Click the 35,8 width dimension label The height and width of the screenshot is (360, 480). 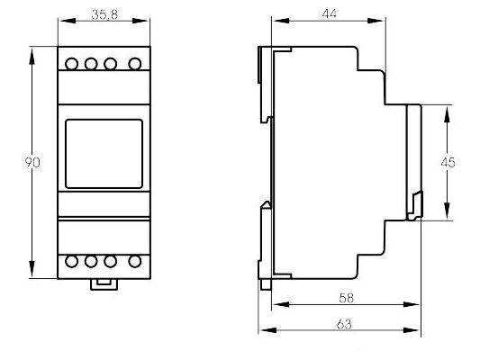click(x=104, y=14)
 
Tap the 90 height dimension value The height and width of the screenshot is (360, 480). click(x=32, y=162)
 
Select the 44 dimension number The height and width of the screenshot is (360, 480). click(x=329, y=13)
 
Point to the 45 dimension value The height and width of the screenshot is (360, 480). click(x=448, y=162)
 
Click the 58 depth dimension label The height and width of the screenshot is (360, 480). click(x=346, y=298)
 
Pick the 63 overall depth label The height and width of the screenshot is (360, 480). click(x=344, y=324)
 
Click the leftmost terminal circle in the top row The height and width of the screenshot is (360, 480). click(x=72, y=64)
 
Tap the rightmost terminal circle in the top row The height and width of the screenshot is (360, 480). click(x=135, y=64)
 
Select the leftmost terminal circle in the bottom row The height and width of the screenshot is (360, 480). click(x=72, y=262)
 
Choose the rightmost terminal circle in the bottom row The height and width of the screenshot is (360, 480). click(x=135, y=262)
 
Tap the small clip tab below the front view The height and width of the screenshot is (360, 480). click(x=104, y=284)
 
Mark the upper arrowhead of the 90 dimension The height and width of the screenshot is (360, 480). click(x=32, y=56)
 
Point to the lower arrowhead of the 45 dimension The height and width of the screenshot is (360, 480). click(x=447, y=211)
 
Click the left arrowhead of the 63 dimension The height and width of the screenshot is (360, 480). click(x=268, y=330)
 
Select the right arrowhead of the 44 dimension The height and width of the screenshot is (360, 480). click(x=376, y=21)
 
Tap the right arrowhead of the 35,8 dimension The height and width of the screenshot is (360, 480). click(x=140, y=21)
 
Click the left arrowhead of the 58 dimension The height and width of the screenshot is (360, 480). click(x=281, y=304)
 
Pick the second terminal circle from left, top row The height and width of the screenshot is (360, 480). click(x=91, y=64)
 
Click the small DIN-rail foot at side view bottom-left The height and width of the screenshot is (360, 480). click(x=266, y=284)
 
